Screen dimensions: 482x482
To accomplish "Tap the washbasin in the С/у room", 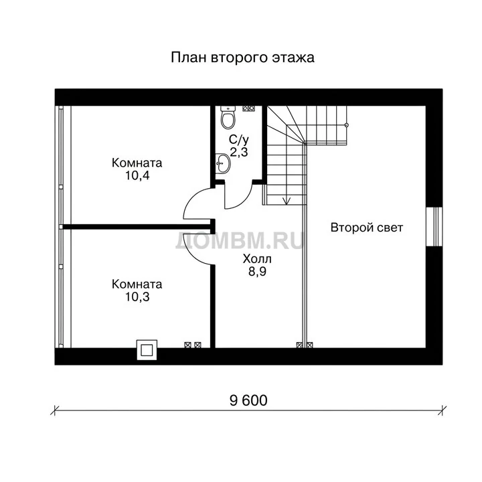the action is [222, 163].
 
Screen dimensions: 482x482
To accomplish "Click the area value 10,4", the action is [137, 175].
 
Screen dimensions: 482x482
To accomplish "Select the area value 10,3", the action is [137, 297].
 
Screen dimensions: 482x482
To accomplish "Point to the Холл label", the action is [257, 259].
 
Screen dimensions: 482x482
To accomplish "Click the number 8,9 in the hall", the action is [257, 272].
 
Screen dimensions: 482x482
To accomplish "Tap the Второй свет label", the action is [367, 228].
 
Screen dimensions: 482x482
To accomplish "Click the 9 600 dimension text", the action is [248, 400].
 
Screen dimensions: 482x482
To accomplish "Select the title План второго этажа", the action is [242, 58].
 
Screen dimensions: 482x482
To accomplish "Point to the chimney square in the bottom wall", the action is [147, 350].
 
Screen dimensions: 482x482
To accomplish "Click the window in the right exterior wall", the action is [434, 227].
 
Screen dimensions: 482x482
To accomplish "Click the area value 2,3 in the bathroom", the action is [239, 152].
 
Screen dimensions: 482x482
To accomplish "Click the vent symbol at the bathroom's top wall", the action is [248, 108].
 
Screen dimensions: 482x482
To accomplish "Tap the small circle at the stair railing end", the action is [347, 125].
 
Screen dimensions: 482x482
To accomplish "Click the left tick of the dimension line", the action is [54, 410].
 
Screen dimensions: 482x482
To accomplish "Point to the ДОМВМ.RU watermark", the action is [240, 240].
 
